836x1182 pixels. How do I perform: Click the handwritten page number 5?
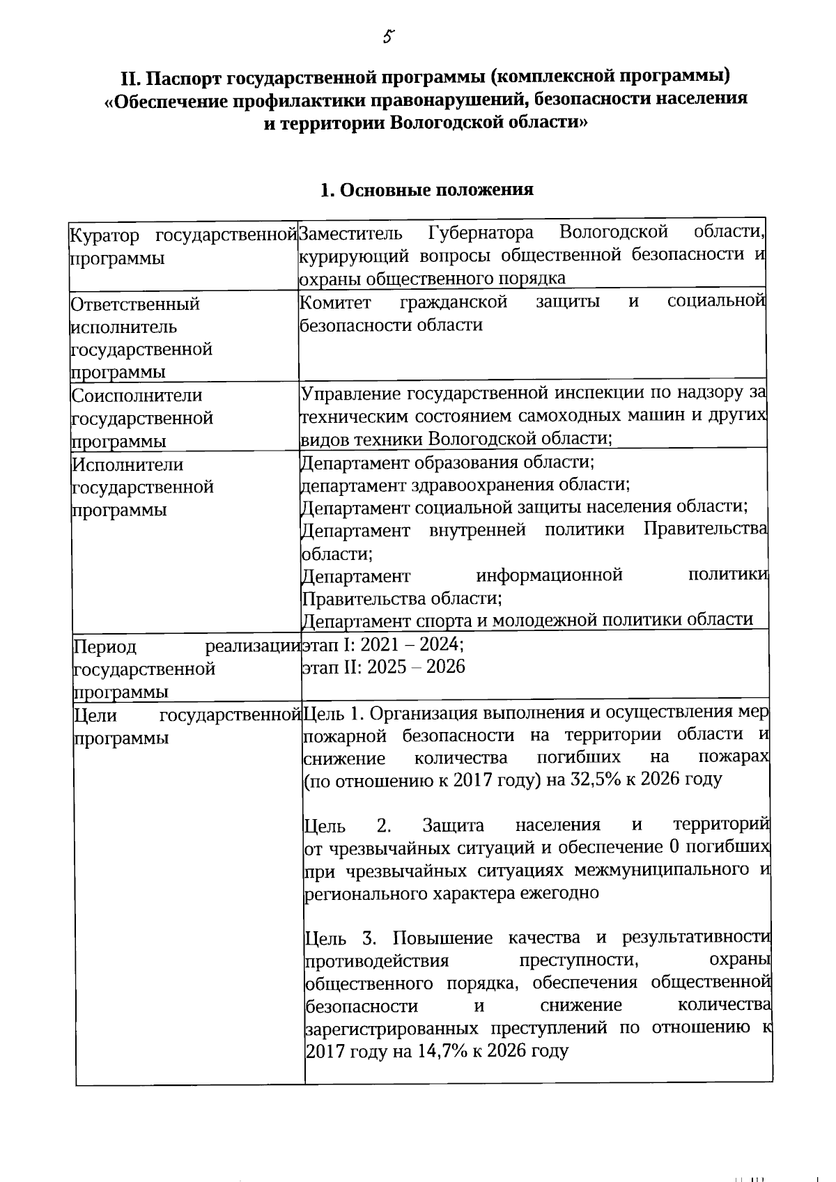[389, 37]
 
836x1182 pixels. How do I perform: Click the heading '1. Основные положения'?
[426, 189]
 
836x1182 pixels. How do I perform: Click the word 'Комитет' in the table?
[335, 302]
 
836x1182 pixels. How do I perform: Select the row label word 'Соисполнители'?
[137, 396]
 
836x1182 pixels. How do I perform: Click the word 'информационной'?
[549, 575]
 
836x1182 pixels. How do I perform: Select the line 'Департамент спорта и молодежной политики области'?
[527, 620]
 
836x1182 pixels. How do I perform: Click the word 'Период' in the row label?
[105, 647]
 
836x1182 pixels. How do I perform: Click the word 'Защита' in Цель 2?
[453, 826]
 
